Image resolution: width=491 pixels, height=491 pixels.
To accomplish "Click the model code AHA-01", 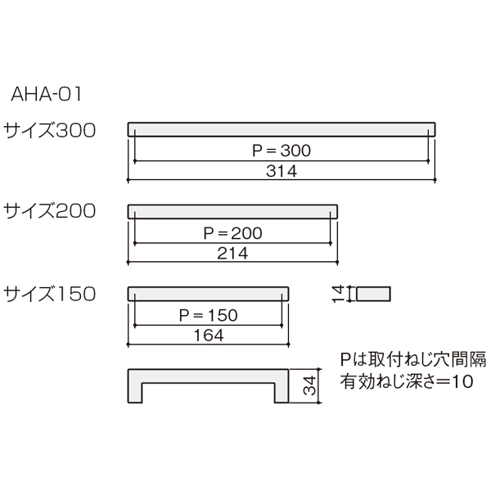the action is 47,93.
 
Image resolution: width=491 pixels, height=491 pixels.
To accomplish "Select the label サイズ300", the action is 49,130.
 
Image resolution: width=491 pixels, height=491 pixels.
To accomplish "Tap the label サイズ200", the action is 49,211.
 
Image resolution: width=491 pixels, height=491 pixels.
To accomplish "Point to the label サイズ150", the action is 49,294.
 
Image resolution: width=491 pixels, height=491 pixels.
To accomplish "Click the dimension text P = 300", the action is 282,151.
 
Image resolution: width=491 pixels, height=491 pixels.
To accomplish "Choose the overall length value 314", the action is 282,171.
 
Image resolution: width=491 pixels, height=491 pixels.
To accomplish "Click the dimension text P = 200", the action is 232,233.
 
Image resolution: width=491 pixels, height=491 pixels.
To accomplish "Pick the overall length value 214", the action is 232,253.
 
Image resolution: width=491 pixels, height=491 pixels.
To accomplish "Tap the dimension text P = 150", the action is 208,315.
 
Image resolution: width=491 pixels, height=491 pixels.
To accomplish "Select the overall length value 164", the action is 209,336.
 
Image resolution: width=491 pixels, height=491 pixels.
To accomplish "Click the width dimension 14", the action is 338,294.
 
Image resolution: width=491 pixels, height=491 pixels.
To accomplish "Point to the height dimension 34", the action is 310,385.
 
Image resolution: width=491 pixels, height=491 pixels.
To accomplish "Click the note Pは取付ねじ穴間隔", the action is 413,359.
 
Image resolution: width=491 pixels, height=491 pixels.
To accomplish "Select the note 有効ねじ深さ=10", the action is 407,381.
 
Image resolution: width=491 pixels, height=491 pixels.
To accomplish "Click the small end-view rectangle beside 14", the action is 373,294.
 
